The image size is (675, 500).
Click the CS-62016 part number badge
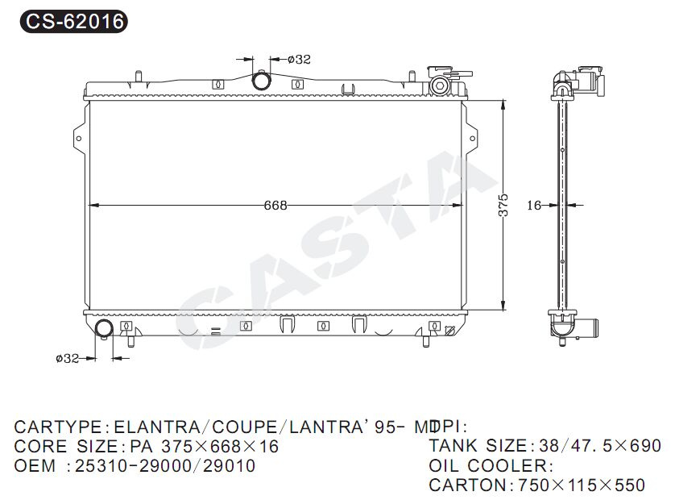coord(72,22)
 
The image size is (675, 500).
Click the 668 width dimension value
coord(275,205)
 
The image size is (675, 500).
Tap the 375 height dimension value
coord(503,205)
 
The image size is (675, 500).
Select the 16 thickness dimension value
coord(534,206)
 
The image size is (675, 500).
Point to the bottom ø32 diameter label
coord(67,358)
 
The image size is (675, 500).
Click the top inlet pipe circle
coord(262,81)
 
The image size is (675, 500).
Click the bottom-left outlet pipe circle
coord(104,328)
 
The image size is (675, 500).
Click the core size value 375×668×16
coord(220,446)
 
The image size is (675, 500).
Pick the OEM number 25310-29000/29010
coord(165,466)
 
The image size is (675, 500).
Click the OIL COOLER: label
coord(491,465)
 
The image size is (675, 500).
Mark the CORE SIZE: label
coord(67,446)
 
